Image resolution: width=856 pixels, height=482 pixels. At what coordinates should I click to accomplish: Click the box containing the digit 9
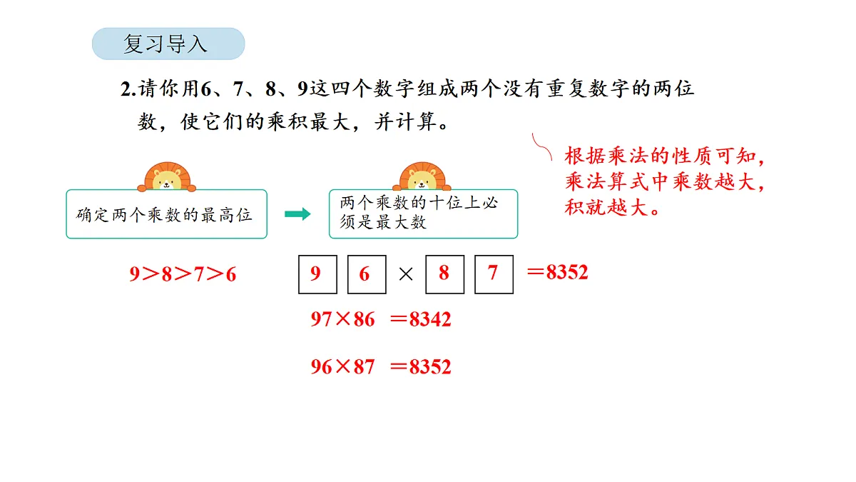point(317,274)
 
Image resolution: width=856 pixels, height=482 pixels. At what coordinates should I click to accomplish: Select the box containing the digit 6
point(367,274)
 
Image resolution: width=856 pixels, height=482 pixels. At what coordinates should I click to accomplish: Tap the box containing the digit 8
point(444,274)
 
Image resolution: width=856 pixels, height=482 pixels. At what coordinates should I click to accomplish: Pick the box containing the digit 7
point(494,274)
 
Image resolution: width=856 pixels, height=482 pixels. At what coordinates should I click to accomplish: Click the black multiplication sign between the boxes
point(406,275)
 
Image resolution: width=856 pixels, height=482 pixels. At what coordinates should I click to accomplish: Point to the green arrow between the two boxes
point(297,214)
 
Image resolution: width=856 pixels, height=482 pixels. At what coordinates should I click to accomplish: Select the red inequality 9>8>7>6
point(183,275)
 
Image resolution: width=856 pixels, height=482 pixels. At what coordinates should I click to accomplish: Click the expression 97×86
point(342,319)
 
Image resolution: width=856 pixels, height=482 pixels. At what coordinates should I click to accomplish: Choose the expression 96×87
point(342,367)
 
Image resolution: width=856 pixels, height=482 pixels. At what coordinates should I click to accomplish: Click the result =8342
point(421,319)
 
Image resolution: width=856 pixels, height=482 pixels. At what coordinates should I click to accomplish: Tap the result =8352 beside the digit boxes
point(558,272)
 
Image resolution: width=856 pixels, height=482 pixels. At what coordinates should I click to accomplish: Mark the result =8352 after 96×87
point(421,367)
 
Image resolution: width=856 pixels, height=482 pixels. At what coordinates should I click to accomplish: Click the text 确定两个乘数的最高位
point(165,215)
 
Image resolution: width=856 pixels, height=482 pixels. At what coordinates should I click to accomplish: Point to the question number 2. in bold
point(128,90)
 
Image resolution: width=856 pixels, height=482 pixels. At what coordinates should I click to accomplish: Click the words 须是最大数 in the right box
point(383,222)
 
